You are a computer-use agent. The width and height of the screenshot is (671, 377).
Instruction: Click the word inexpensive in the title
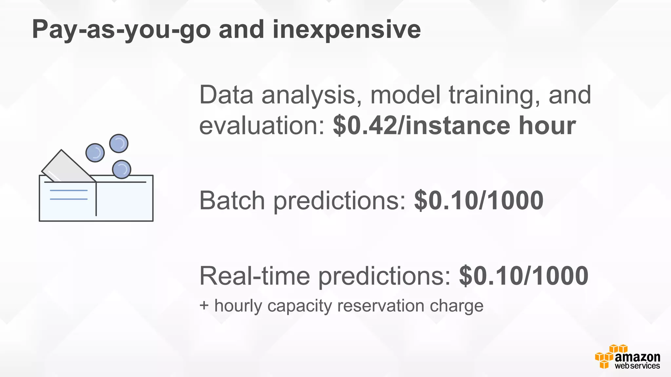pos(346,30)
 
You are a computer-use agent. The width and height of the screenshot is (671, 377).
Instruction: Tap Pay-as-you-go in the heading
pos(121,30)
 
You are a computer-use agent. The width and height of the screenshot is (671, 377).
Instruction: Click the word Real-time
pos(255,276)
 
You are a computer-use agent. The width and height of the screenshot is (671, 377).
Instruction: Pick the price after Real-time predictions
pos(524,276)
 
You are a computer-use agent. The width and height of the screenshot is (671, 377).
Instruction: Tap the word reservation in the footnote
pos(381,306)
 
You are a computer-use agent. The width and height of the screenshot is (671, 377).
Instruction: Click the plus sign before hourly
pos(204,306)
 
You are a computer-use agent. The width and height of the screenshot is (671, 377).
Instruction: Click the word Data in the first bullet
pos(226,95)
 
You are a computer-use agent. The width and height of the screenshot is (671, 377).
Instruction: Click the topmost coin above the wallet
pos(119,143)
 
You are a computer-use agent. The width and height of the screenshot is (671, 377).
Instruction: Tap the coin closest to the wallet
pos(122,169)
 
